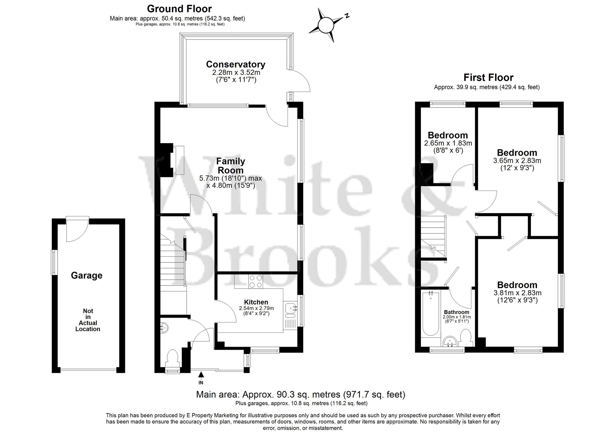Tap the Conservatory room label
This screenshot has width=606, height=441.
click(x=235, y=64)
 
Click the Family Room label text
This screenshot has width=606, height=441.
click(x=231, y=165)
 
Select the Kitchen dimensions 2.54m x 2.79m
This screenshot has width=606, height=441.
click(x=256, y=308)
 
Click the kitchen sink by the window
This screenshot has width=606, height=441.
click(x=290, y=309)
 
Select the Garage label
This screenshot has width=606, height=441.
click(x=87, y=275)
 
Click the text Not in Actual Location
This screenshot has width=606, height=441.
click(x=88, y=320)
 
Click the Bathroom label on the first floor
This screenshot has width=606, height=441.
click(x=456, y=312)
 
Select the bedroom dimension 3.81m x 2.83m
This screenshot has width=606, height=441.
click(x=517, y=293)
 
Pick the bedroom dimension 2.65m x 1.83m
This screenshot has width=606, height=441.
click(x=448, y=143)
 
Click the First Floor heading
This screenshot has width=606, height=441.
click(x=488, y=78)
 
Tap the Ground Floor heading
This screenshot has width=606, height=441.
click(x=179, y=8)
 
